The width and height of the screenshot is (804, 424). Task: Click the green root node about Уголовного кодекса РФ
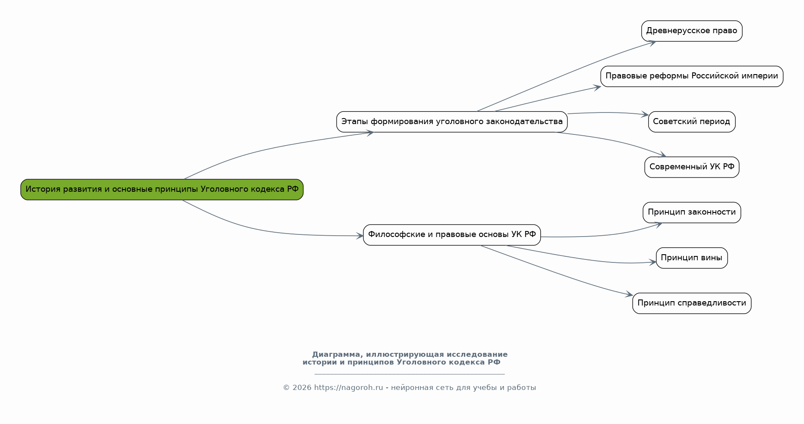coord(162,190)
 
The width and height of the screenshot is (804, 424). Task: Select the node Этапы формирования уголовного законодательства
coord(452,122)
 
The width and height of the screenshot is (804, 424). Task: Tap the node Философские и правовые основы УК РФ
coord(452,235)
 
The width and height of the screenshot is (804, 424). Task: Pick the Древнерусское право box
coord(692,31)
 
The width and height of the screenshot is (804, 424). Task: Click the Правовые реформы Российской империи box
coord(692,76)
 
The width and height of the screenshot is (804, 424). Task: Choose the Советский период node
coord(692,122)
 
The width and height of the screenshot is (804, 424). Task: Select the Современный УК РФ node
coord(692,167)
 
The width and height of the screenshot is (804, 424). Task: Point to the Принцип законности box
coord(692,212)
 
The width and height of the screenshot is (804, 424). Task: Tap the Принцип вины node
coord(692,258)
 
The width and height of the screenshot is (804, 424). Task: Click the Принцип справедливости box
coord(692,303)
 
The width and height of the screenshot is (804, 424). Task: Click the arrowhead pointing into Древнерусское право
coord(651,43)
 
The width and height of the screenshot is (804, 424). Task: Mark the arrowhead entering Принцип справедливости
coord(628,294)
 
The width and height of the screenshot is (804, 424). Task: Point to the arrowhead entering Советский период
coord(644,115)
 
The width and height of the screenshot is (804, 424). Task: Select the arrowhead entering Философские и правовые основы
coord(359,236)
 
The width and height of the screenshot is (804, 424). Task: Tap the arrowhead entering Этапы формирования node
coord(369,133)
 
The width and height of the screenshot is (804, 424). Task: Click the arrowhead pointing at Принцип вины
coord(652,262)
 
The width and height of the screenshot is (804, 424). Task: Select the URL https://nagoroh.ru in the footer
coord(348,388)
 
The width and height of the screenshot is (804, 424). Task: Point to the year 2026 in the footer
coord(302,388)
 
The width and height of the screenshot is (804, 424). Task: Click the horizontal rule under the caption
coord(410,374)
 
